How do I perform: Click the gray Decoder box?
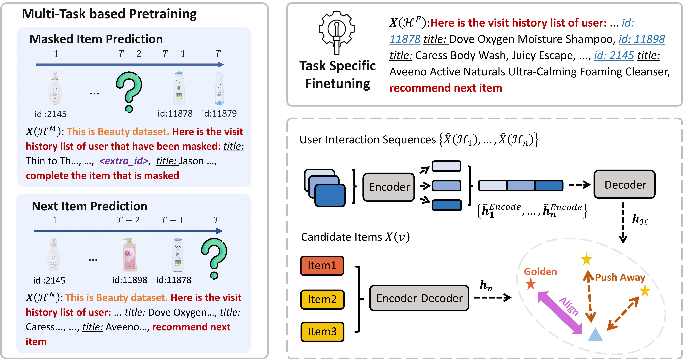point(625,184)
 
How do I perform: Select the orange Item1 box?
point(322,266)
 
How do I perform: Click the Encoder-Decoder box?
point(419,298)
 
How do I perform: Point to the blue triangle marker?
point(595,335)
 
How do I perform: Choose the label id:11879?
point(219,114)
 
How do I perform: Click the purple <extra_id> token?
point(124,161)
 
